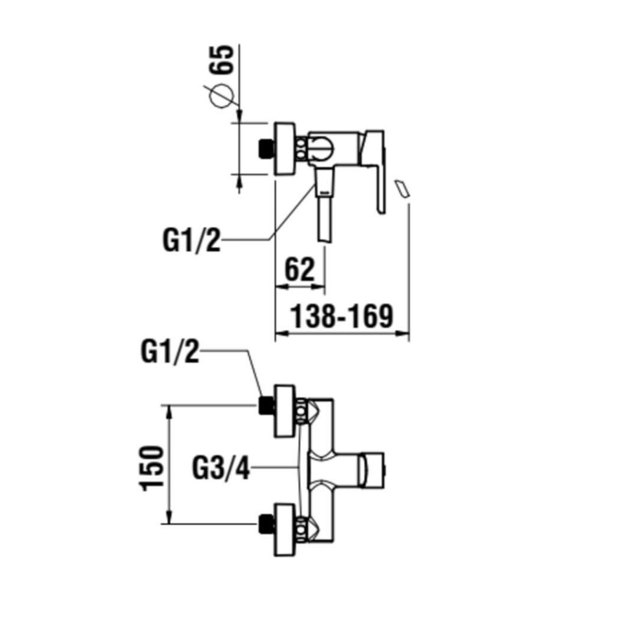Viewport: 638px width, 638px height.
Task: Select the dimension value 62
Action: coord(300,270)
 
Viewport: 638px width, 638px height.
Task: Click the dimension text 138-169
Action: coord(343,317)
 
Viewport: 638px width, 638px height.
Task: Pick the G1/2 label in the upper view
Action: coord(192,240)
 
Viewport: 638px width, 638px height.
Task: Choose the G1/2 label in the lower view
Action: coord(170,354)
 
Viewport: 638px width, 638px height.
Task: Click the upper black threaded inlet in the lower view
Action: coord(267,406)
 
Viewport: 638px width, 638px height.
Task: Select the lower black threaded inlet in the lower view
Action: coord(267,524)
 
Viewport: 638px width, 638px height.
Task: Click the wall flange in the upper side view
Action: coord(284,148)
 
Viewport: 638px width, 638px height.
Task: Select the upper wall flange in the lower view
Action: coord(285,411)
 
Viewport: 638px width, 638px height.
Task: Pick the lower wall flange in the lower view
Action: coord(285,530)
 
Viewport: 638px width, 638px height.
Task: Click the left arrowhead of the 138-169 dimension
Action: coord(279,335)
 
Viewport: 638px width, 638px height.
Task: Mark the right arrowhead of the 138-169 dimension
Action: coord(406,335)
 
